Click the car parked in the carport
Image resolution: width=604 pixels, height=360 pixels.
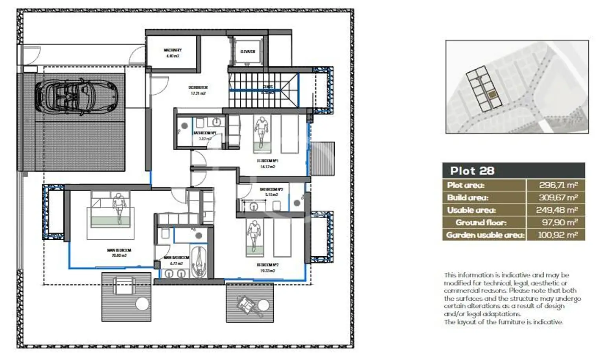pos(75,96)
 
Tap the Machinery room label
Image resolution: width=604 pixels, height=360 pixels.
pos(172,53)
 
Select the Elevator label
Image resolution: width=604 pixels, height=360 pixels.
pos(248,51)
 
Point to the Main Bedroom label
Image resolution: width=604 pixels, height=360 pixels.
pos(119,252)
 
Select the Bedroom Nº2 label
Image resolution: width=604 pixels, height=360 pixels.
pos(267,268)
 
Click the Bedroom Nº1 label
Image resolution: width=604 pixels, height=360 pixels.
pos(267,163)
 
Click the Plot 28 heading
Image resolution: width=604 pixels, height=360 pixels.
pos(472,171)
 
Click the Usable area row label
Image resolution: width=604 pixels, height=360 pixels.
pos(471,210)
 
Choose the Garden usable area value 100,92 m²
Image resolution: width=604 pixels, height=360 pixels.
pos(558,235)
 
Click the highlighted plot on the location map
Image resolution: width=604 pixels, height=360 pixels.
pos(492,95)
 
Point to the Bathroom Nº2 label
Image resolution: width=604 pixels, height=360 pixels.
pos(271,192)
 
